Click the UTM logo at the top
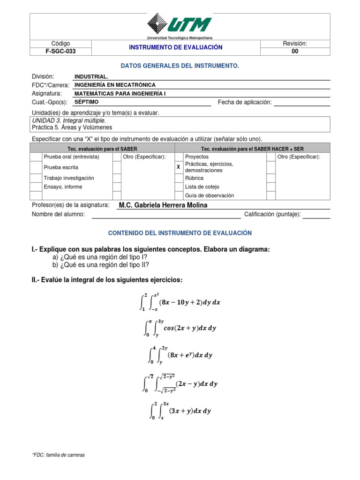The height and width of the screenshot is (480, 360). pos(180,25)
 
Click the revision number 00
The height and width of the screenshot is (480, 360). pos(294,52)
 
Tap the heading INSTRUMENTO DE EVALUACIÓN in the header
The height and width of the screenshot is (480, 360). pos(176,47)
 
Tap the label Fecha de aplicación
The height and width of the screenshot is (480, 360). pos(245,102)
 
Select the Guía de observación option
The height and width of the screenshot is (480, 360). pos(210,195)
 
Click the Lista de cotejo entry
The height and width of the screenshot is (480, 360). pos(202,187)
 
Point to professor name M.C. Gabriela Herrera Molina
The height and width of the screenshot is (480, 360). pos(163,205)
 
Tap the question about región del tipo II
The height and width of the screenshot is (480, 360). pos(101,265)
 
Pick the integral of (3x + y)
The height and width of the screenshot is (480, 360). pos(180,411)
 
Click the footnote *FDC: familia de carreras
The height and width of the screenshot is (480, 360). pos(58,455)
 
